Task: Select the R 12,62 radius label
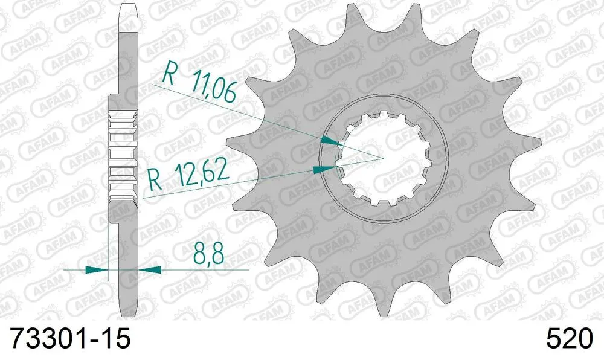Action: (189, 176)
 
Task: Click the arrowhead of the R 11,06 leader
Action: (329, 141)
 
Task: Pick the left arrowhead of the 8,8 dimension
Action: (97, 269)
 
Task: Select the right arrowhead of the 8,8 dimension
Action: (150, 269)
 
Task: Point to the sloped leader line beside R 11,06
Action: (242, 114)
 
